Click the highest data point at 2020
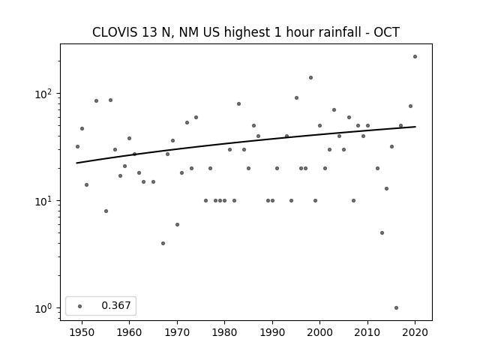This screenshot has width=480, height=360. tap(415, 57)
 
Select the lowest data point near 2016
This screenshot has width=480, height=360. tap(397, 308)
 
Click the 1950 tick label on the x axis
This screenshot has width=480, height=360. tap(82, 332)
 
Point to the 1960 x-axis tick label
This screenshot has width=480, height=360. tap(129, 332)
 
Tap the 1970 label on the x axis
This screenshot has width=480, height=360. tap(177, 332)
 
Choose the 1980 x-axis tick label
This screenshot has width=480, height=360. tap(224, 332)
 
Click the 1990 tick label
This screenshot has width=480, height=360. tap(272, 332)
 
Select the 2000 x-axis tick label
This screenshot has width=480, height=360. tap(319, 332)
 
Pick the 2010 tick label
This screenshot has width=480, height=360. tap(367, 332)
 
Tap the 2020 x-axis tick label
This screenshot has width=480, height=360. tap(415, 332)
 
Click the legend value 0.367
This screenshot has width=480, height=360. tap(116, 305)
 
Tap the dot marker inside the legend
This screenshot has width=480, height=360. tap(80, 306)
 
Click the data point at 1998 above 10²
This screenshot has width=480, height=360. tap(310, 78)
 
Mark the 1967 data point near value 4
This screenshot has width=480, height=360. tap(163, 243)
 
